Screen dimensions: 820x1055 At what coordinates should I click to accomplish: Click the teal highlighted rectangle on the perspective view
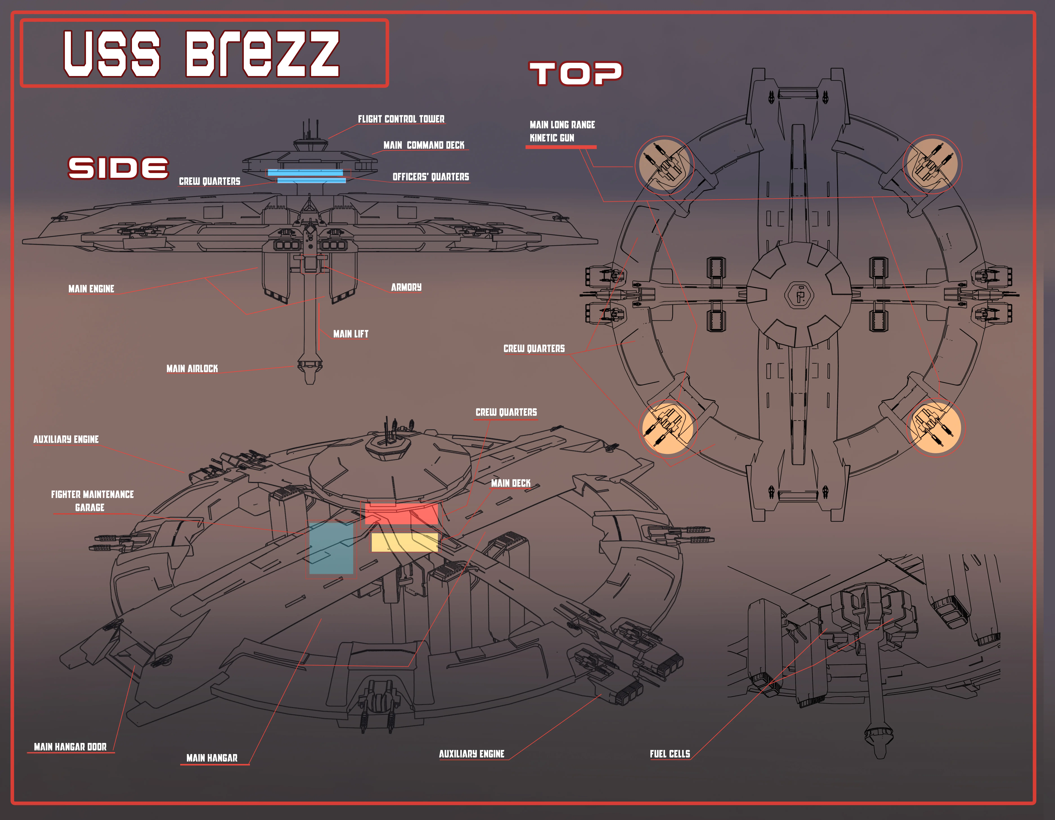pos(331,548)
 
